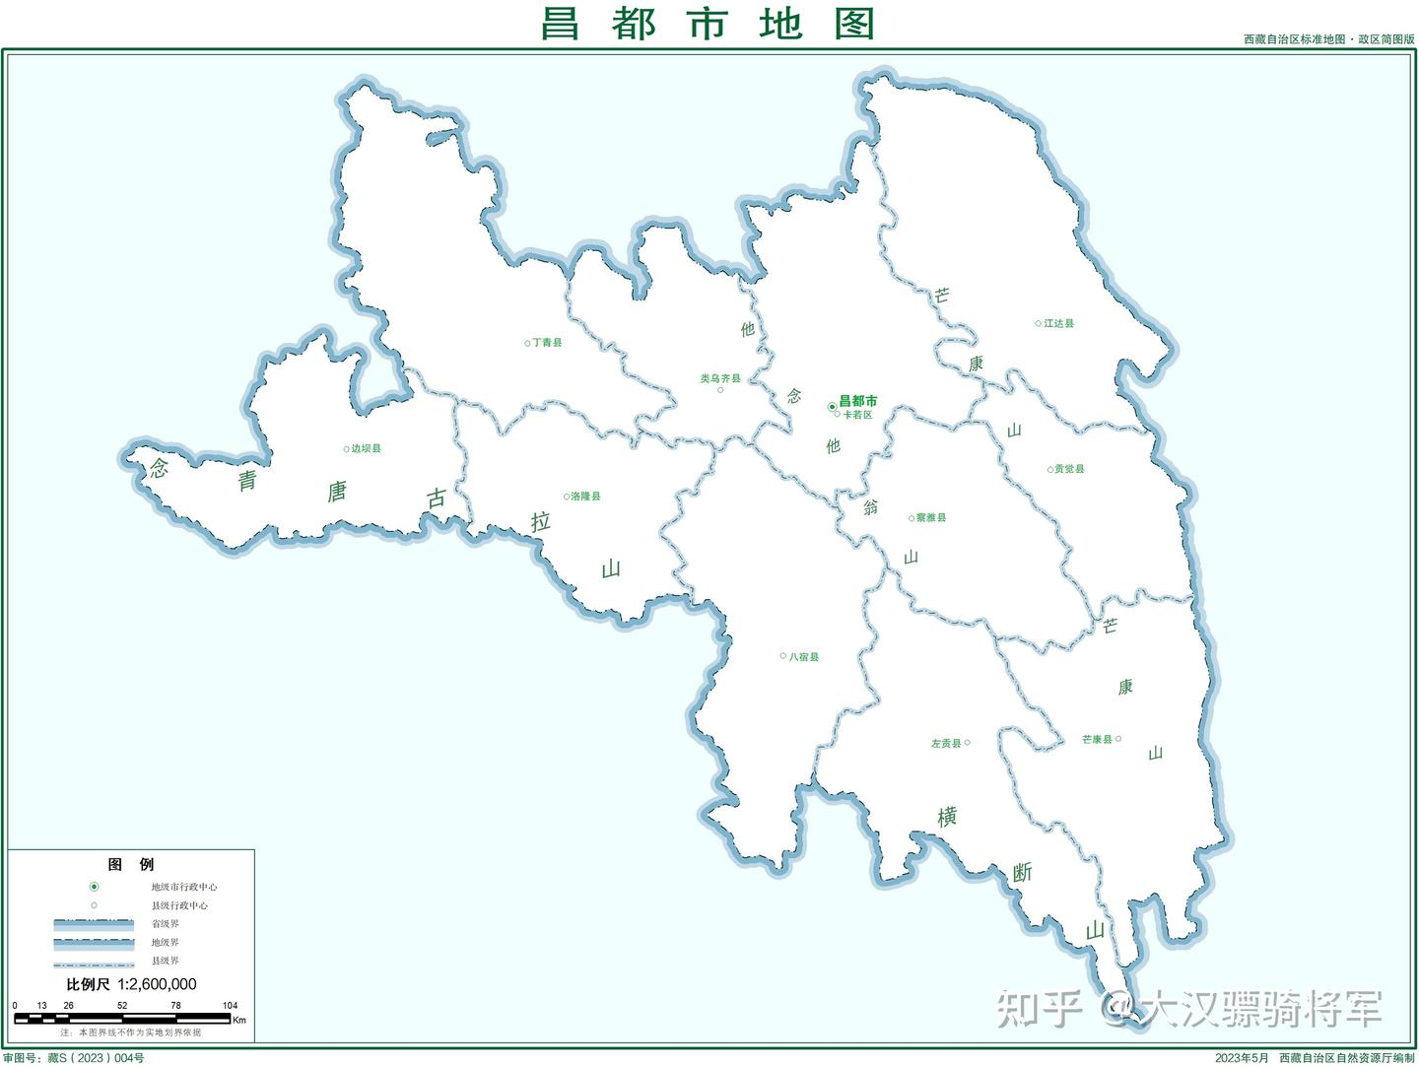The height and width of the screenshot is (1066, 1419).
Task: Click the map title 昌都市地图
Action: tap(708, 24)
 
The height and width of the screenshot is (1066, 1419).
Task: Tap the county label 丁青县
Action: tap(547, 343)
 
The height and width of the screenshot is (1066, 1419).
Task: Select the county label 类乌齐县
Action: tap(720, 378)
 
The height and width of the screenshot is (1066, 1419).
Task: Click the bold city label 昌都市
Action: tap(857, 401)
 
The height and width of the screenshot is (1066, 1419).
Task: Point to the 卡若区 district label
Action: tap(857, 415)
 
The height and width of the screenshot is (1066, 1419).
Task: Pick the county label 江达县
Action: tap(1059, 323)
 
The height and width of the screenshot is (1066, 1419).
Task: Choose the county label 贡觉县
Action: tap(1069, 469)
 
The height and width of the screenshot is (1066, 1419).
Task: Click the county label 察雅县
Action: tap(931, 517)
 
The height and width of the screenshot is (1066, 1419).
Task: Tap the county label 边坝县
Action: tap(366, 448)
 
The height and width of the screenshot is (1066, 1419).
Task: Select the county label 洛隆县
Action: tap(585, 497)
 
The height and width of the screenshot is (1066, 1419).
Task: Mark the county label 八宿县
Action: tap(804, 656)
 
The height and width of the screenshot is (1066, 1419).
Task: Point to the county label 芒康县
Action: tap(1097, 739)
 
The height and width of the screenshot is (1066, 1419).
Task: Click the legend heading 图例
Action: tap(131, 865)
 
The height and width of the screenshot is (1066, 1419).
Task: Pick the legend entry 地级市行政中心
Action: tap(183, 887)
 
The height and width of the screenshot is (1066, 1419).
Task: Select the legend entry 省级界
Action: tap(165, 924)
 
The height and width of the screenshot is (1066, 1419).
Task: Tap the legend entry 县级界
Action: tap(165, 961)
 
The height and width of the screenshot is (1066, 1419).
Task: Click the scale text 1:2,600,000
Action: tap(157, 984)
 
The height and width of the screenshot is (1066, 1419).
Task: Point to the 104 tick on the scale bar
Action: tap(230, 1006)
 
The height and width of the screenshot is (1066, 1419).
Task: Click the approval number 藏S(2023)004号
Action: tap(96, 1058)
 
